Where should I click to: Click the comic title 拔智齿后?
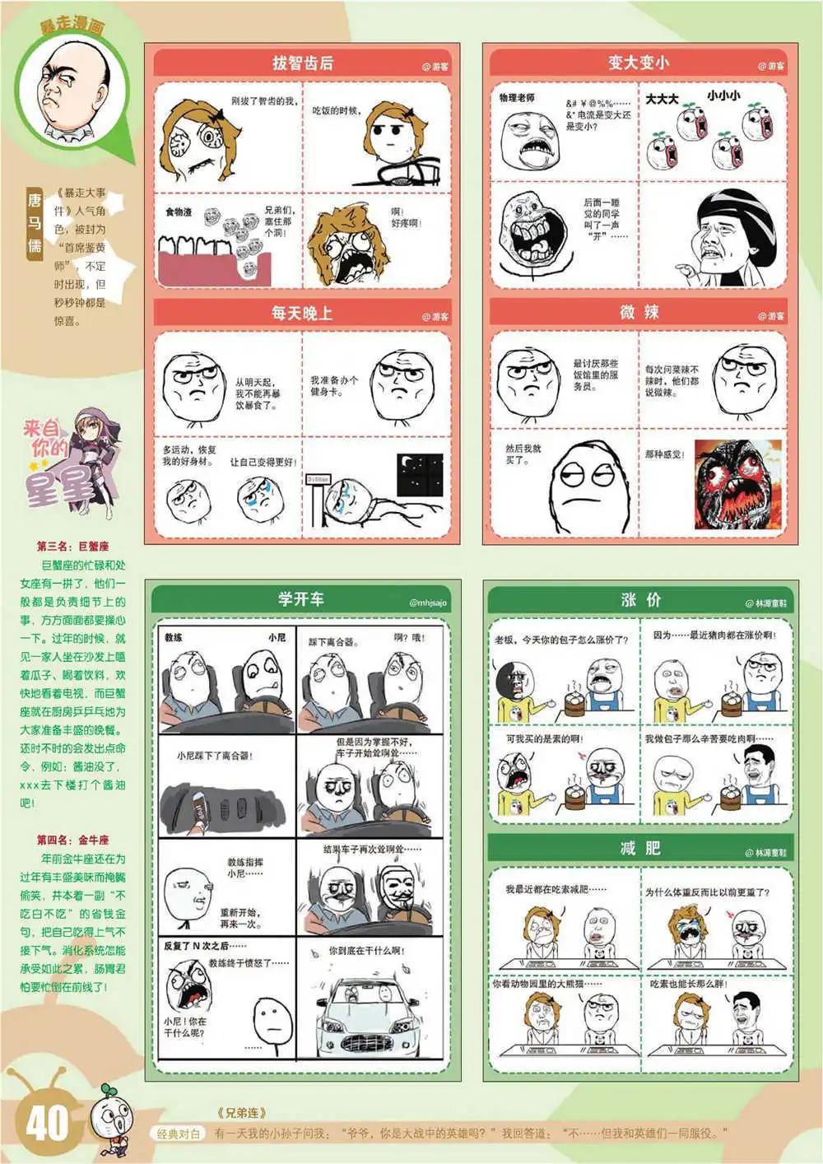click(302, 63)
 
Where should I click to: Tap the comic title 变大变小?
click(638, 63)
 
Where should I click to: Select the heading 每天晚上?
click(302, 314)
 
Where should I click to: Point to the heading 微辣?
click(639, 312)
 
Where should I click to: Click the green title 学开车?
click(300, 599)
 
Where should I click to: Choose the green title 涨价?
click(641, 600)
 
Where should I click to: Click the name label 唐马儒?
click(34, 222)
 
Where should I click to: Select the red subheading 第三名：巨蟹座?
click(72, 547)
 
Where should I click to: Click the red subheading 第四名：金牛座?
click(72, 840)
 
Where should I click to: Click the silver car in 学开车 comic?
click(370, 1012)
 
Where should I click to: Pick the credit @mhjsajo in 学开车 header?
click(427, 603)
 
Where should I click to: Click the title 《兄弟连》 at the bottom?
click(242, 1113)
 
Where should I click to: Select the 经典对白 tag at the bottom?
click(179, 1134)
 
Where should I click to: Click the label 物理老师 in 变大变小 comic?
click(516, 98)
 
